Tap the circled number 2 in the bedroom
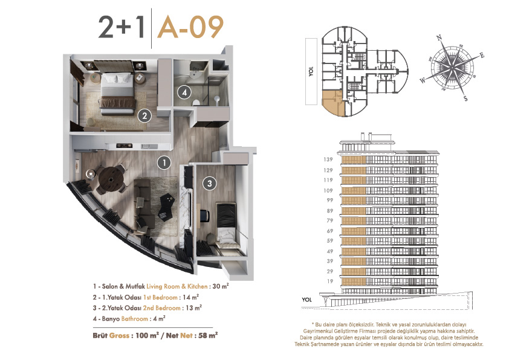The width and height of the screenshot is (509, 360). point(144,116)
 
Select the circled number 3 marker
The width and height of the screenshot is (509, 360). point(209,184)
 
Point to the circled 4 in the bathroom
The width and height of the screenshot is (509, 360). point(184,92)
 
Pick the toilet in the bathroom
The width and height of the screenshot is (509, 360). point(196,103)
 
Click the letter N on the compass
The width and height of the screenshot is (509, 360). point(439,38)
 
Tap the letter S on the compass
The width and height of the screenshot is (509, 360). point(465,98)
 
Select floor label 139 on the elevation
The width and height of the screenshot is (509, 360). point(328,159)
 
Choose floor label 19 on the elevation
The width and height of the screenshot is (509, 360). point(330,281)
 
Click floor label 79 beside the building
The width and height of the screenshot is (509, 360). point(330,220)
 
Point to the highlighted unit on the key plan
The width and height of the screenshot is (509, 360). point(332,103)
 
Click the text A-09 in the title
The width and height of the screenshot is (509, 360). point(190,27)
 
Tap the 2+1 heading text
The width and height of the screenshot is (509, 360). point(122,27)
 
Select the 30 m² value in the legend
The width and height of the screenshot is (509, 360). point(221,286)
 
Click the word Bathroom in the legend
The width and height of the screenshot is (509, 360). point(135,319)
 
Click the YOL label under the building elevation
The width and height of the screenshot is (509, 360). point(306,300)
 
